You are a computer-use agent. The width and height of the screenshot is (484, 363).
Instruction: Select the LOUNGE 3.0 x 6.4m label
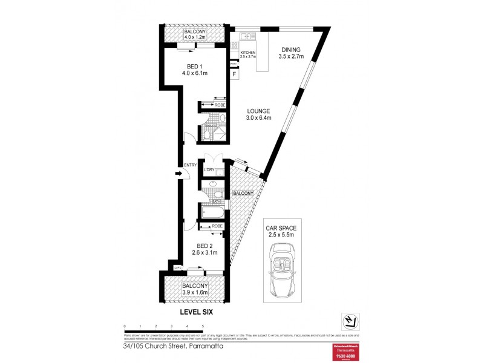pos(258,114)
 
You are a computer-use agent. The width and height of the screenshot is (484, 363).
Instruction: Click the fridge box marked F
pos(234,74)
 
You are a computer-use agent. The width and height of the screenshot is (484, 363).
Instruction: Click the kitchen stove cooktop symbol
pos(234,47)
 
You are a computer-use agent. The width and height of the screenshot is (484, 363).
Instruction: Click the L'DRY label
pos(210,169)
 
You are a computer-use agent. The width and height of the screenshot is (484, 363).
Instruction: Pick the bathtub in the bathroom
pos(211,212)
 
